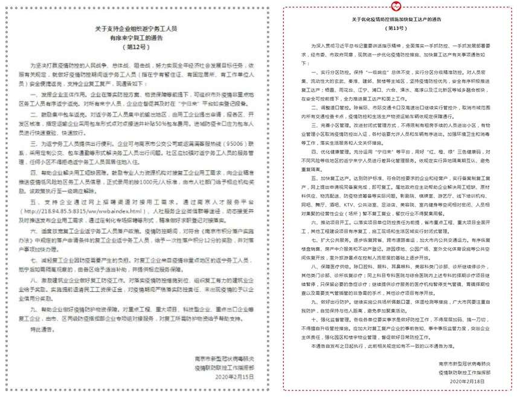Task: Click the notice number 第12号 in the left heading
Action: (139, 45)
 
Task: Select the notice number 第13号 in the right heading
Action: (396, 28)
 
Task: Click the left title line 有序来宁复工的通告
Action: (139, 37)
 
